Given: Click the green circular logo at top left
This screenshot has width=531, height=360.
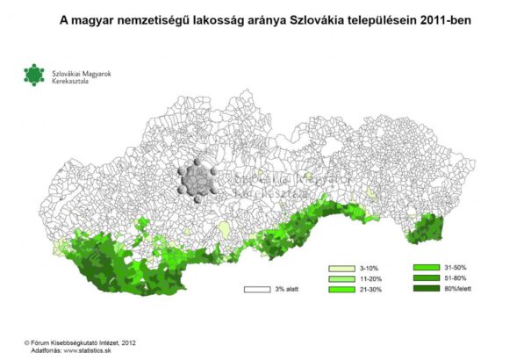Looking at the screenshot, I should click(x=33, y=76).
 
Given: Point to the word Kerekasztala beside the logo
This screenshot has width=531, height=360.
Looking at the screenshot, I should click(x=72, y=82).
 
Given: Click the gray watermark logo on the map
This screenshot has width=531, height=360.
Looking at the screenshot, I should click(x=197, y=182).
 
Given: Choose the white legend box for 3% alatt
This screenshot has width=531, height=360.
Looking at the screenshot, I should click(x=256, y=288).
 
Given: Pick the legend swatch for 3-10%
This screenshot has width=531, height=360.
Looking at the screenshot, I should click(x=341, y=267).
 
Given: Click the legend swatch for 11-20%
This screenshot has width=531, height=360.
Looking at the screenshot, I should click(x=341, y=277).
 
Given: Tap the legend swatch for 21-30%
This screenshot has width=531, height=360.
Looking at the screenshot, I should click(x=341, y=289).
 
